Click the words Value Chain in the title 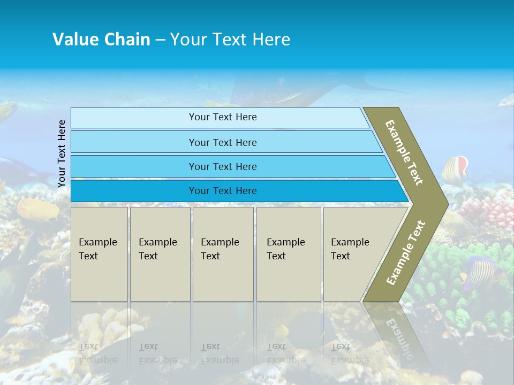click(x=101, y=40)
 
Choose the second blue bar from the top click(x=223, y=142)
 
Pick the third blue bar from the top click(x=223, y=166)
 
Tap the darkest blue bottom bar click(x=223, y=191)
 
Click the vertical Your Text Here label click(x=62, y=153)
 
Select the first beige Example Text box click(x=99, y=254)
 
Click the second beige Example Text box click(x=160, y=254)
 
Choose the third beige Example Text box click(x=222, y=254)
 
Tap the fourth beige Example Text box click(x=288, y=254)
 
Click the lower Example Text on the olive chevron click(x=406, y=252)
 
